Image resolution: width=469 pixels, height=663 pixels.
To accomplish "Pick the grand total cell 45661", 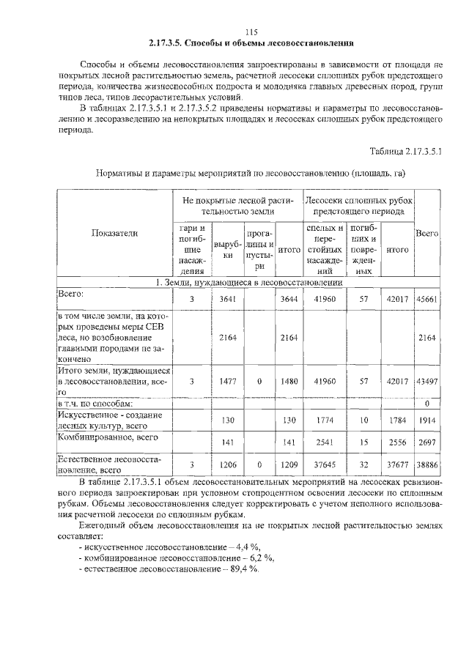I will [x=426, y=298].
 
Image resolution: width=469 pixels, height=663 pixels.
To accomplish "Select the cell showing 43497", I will [x=426, y=381].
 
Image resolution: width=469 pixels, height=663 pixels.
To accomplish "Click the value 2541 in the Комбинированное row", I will [x=320, y=442].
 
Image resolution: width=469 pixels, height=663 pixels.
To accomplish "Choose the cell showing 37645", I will [x=320, y=464].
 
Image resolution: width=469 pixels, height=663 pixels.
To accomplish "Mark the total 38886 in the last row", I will [x=426, y=464].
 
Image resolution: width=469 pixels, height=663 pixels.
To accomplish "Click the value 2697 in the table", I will [x=426, y=442].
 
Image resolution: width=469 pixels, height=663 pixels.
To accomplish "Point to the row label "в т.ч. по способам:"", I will [x=95, y=404].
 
